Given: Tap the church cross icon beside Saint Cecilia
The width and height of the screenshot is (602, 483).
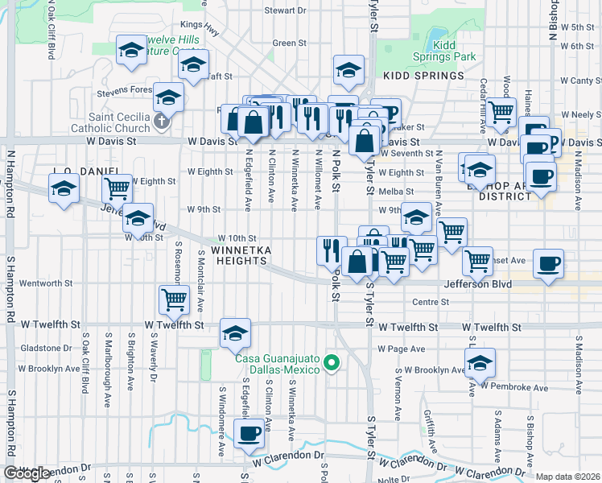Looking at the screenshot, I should click(x=161, y=122).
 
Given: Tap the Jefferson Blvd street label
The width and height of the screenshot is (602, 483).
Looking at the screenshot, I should click(x=477, y=284).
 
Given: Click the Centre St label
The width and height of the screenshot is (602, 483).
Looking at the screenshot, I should click(x=430, y=302).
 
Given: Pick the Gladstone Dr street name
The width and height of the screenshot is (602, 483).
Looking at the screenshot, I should click(x=45, y=348).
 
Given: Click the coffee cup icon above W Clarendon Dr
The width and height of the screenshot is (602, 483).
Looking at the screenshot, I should click(x=249, y=432).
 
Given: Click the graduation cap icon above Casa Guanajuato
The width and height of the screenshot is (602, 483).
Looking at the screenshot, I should click(x=234, y=332).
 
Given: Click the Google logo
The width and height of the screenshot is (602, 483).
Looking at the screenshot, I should click(x=26, y=473).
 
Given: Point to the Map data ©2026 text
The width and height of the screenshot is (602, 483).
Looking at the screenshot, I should click(x=568, y=477).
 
